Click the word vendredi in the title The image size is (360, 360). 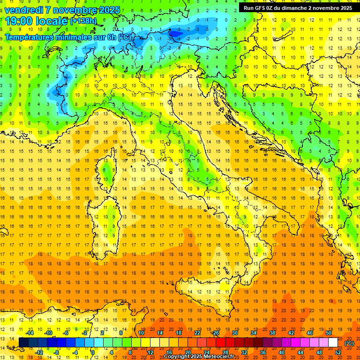coord(24,10)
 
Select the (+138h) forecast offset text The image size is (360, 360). coord(83,21)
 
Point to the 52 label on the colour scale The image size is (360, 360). coord(338,352)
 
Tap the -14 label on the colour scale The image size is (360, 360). coord(30,333)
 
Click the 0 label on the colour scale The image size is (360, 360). coord(92,352)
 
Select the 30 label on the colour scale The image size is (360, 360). coord(234,333)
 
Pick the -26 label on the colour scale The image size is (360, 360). coord(215,333)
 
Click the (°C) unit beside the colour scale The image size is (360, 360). coord(349,343)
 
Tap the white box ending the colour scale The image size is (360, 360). coord(333,343)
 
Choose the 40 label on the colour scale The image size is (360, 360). coord(282,352)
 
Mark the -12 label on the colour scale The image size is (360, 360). coord(39,352)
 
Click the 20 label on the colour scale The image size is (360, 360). coord(187,352)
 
